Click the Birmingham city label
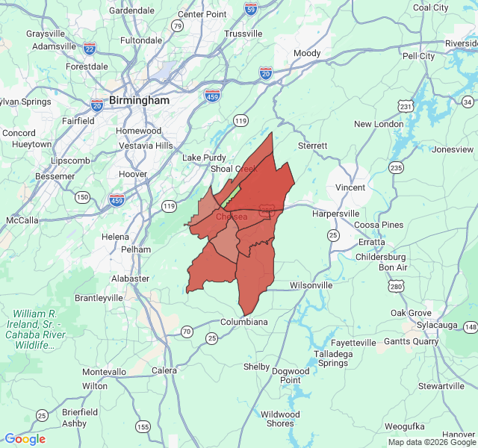[139, 100]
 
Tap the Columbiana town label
[243, 322]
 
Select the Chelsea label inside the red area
[232, 217]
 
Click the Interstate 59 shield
[251, 9]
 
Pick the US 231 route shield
[406, 106]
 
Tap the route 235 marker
[396, 168]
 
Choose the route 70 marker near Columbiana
[187, 331]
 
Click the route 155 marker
[143, 426]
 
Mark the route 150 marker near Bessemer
[82, 197]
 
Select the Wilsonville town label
[311, 285]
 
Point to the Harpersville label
[335, 214]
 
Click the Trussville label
[243, 34]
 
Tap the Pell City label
[418, 56]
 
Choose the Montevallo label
[105, 372]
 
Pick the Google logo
[25, 439]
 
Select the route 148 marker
[470, 327]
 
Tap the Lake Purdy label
[204, 158]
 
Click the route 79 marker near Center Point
[177, 26]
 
